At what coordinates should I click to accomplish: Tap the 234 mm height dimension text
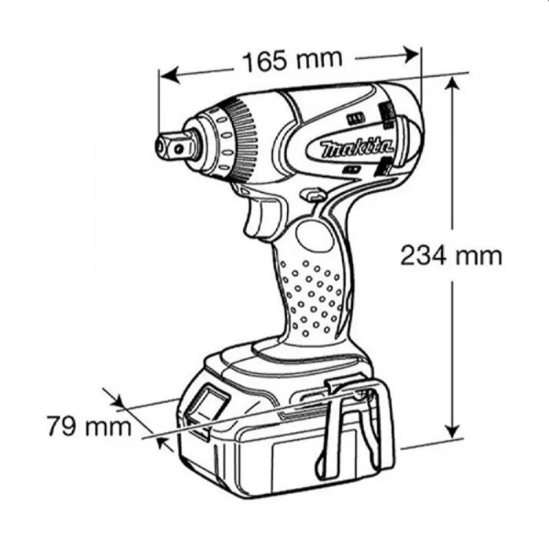(x=451, y=256)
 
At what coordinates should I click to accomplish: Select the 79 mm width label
(x=89, y=426)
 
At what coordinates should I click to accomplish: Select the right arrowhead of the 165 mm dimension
(x=410, y=55)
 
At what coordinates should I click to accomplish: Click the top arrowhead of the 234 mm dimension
(x=453, y=85)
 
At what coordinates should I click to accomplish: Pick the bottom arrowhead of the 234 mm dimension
(x=453, y=429)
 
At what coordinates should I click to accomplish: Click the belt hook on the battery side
(x=354, y=428)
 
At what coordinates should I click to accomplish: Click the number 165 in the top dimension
(x=265, y=62)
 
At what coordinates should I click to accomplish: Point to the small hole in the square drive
(x=179, y=150)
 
